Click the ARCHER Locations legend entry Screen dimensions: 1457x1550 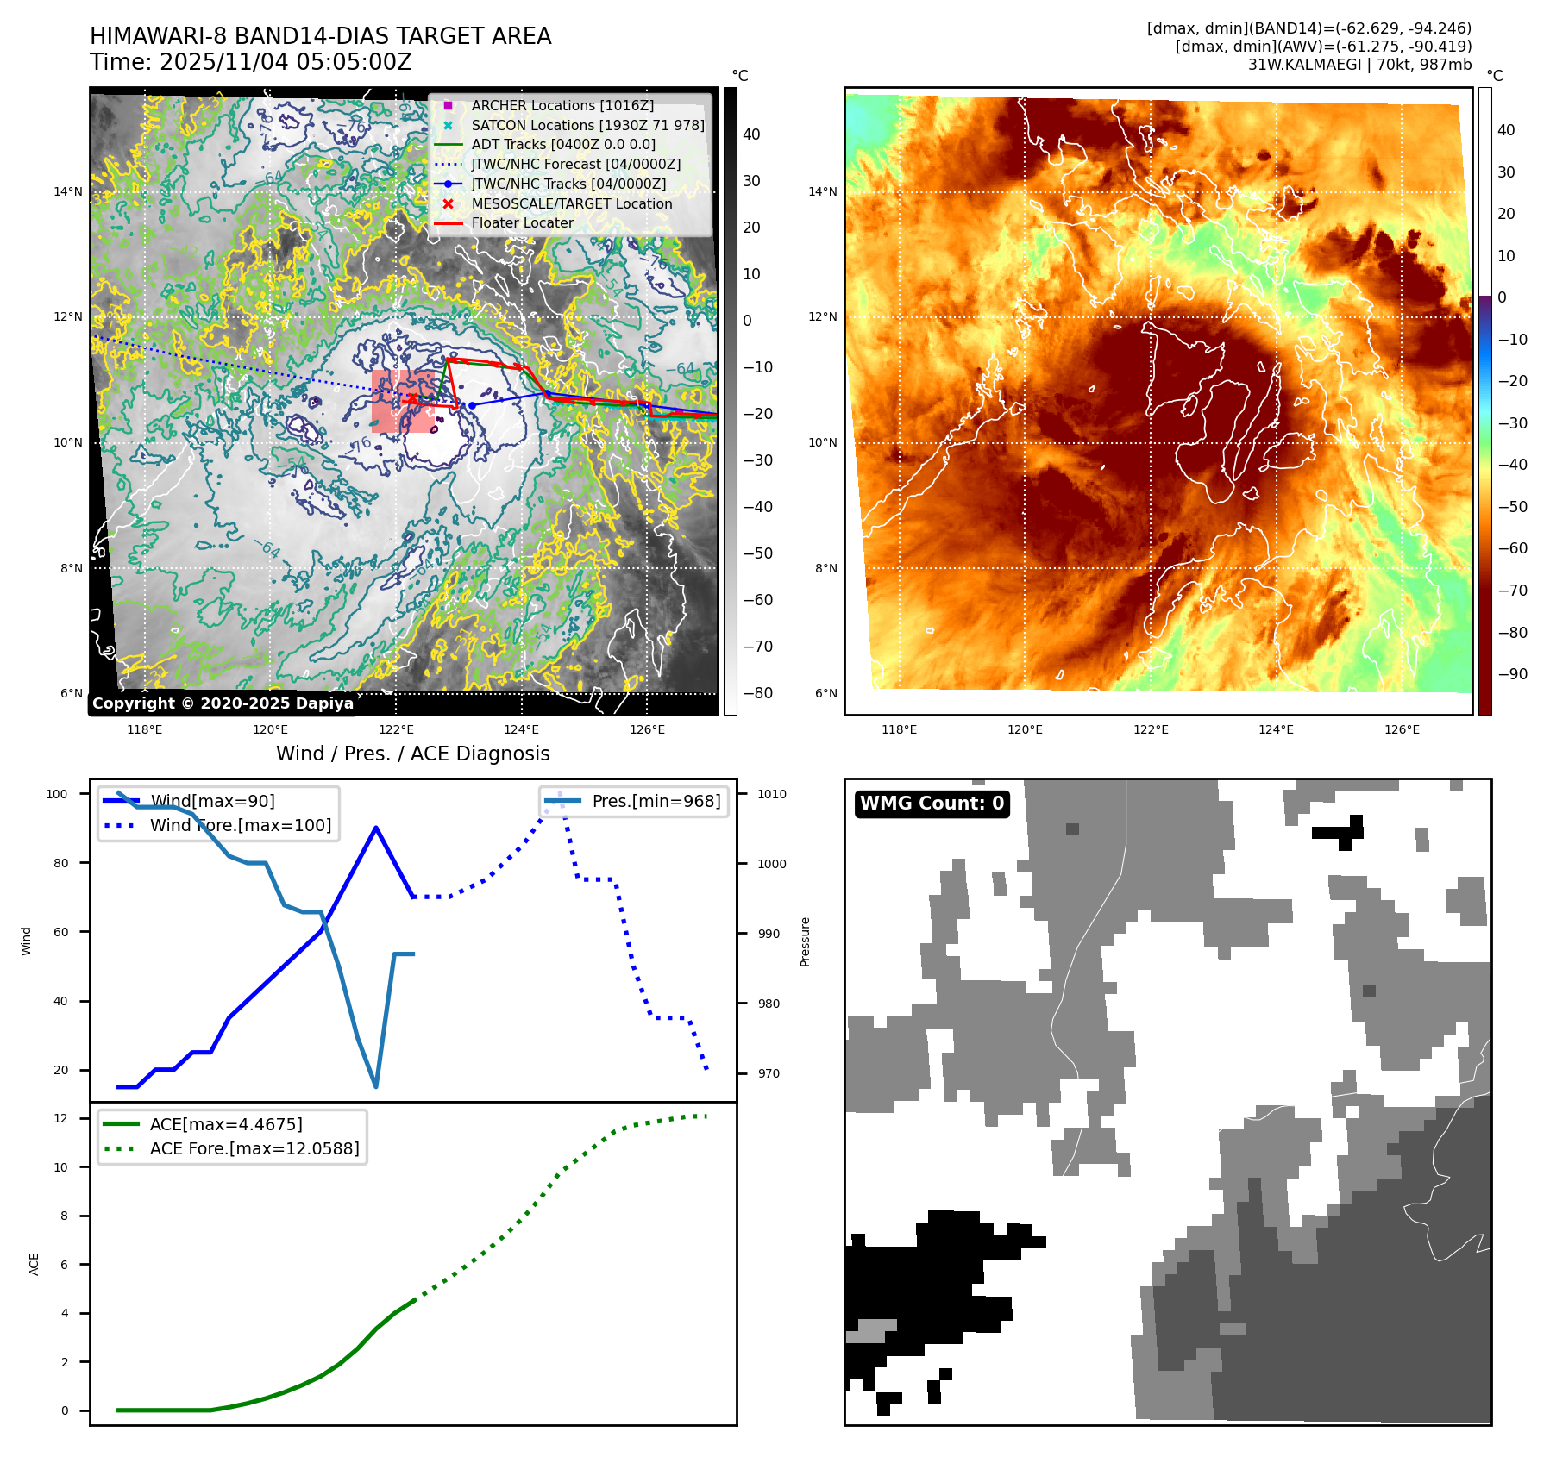562,105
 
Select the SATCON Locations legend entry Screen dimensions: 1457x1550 587,125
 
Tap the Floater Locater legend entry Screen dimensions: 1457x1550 522,222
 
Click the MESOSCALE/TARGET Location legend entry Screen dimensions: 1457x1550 571,203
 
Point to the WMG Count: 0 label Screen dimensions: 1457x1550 932,804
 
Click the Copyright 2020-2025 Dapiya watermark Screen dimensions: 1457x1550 223,703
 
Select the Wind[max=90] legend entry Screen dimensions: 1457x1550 212,801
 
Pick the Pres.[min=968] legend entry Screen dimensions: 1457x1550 656,801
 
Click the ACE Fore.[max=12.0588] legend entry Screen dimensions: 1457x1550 254,1148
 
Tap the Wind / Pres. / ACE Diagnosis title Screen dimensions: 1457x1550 412,754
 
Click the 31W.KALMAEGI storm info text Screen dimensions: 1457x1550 1359,64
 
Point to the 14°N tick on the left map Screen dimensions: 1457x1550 68,191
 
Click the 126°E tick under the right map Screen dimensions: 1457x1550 1402,729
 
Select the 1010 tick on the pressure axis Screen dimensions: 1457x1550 772,794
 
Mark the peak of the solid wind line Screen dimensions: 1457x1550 376,828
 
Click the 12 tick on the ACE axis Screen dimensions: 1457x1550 60,1118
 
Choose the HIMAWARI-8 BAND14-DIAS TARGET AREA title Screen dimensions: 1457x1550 320,36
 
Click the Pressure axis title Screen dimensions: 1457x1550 805,941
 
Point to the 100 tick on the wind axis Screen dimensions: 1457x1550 57,794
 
